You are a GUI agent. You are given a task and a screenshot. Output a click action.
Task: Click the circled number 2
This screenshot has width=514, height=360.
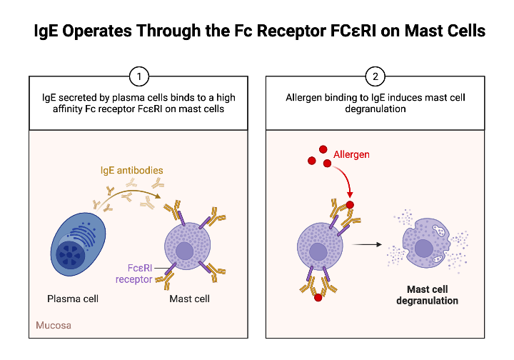coord(375,76)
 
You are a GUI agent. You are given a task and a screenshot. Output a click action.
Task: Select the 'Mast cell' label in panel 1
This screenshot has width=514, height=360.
coord(189,299)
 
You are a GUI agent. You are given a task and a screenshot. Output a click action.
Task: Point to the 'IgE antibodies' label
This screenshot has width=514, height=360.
coord(131,171)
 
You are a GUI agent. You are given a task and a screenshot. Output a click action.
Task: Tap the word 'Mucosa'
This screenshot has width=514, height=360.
coord(54,326)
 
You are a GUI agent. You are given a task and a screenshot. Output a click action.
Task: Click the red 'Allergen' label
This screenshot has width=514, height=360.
coord(353,154)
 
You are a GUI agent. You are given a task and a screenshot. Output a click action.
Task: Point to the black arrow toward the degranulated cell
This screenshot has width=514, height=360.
coord(366,244)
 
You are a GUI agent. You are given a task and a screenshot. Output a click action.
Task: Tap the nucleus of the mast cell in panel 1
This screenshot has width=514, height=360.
coord(185,251)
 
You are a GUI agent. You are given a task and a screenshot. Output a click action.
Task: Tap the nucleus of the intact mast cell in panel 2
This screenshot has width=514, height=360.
coord(318,251)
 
